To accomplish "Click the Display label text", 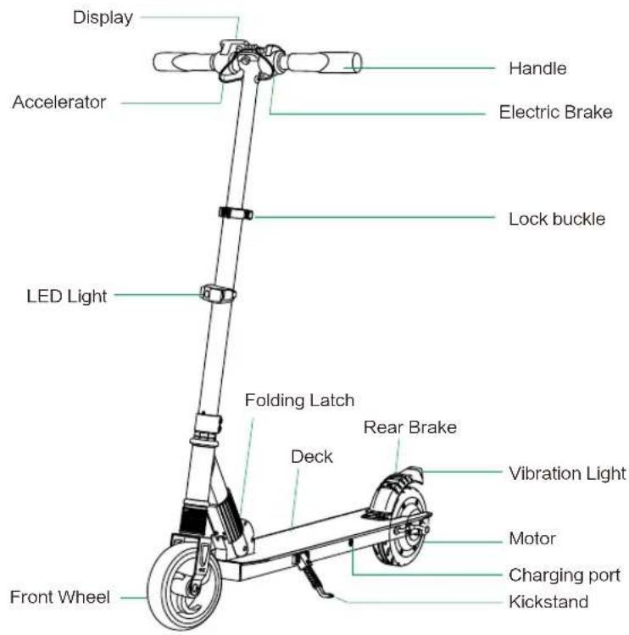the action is tap(103, 18).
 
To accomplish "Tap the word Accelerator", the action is tap(59, 102).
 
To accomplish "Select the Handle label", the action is tap(537, 69).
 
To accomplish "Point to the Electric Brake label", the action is tap(556, 112).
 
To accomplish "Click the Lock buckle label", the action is tap(557, 219).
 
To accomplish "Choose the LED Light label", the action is tap(67, 297).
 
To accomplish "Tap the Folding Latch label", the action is tap(300, 400).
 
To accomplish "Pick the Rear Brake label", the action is tap(410, 427).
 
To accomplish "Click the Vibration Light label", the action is tap(567, 474).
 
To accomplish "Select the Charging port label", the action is tap(565, 576).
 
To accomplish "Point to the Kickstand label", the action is tap(548, 602).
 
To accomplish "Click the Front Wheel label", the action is tap(60, 598).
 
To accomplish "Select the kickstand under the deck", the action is tap(313, 575).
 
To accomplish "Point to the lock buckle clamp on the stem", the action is tap(236, 213).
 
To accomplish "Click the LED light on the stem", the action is tap(218, 294).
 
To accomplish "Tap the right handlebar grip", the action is tap(324, 63).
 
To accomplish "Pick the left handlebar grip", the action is tap(183, 63).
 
